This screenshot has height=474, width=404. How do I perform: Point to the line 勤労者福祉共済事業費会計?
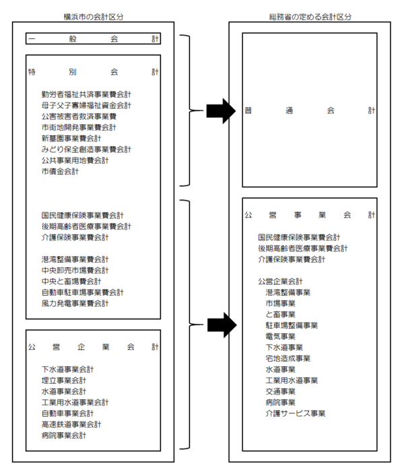pos(86,94)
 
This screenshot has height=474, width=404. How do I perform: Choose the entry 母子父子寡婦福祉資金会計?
pos(86,106)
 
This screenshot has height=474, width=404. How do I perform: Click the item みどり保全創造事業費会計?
pos(86,149)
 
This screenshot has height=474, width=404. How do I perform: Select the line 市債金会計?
pos(60,172)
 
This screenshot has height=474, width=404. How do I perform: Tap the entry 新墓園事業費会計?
pos(71,139)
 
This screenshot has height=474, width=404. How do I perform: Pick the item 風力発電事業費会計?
pos(75,304)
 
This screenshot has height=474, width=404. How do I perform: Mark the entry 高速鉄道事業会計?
pos(71,424)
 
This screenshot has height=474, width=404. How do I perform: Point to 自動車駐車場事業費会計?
pos(82,293)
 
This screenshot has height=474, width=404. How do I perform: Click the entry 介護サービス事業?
pos(296,413)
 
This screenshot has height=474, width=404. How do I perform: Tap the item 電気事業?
pos(281,336)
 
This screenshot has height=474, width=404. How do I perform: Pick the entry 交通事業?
pos(281,391)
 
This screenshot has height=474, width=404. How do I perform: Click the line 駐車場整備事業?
pos(292,325)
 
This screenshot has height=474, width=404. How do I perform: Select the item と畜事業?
pos(281,314)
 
